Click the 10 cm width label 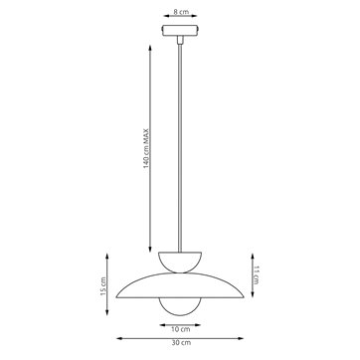tap(180, 328)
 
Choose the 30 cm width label tap(180, 346)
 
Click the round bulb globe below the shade tap(180, 305)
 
